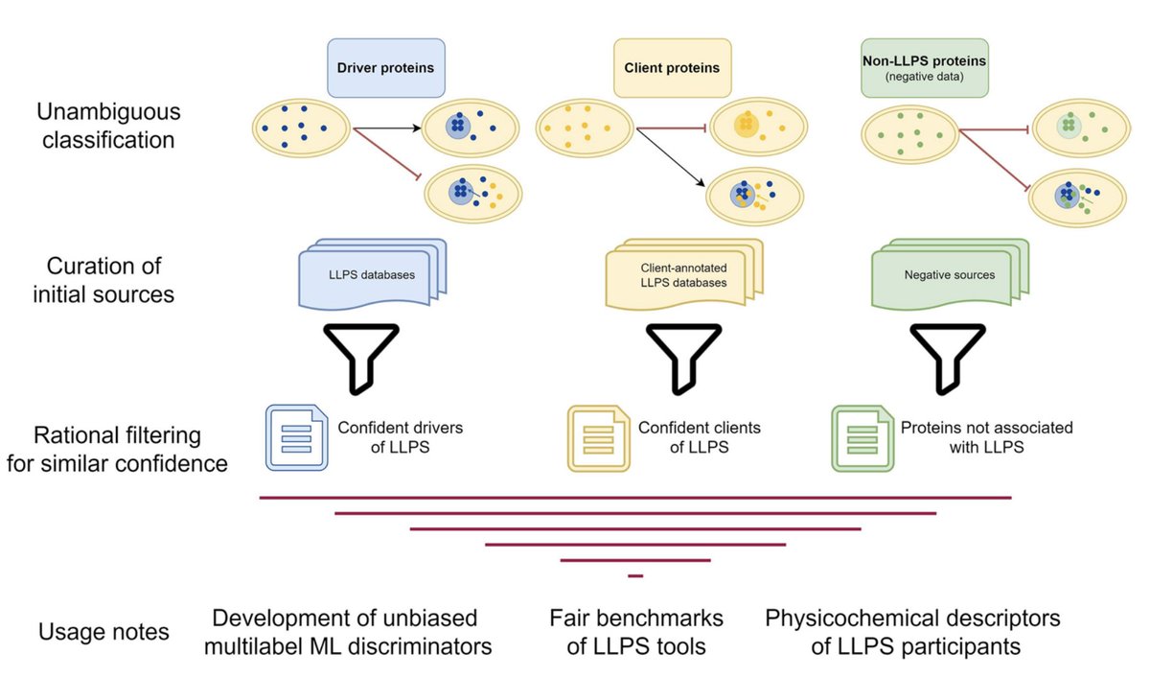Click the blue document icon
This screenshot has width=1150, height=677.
click(x=296, y=437)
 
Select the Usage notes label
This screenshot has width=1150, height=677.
click(x=103, y=632)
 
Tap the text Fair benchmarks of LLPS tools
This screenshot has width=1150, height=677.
click(x=635, y=632)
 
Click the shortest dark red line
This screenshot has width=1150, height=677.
click(x=634, y=575)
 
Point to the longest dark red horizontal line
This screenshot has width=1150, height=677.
click(x=635, y=498)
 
